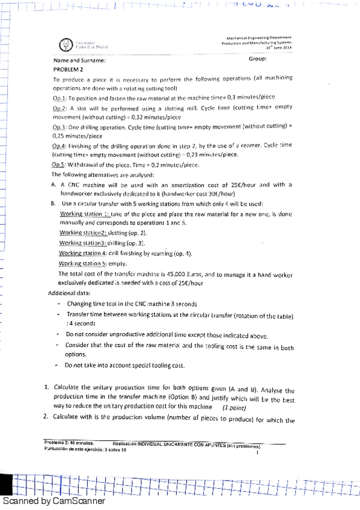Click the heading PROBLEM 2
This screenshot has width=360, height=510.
[x=70, y=69]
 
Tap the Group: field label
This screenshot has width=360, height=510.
[x=258, y=59]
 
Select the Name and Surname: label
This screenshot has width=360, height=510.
[x=79, y=61]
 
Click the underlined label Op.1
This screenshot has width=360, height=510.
[x=59, y=98]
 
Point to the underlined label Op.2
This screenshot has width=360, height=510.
[x=59, y=108]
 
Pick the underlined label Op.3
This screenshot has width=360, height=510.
[x=59, y=127]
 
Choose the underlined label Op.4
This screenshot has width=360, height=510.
[x=59, y=146]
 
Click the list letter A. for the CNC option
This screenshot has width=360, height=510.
[x=54, y=184]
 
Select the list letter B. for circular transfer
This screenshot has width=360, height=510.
[x=54, y=204]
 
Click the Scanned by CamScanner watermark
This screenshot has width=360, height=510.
[x=54, y=501]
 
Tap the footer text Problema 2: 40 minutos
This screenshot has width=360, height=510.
[x=66, y=442]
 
